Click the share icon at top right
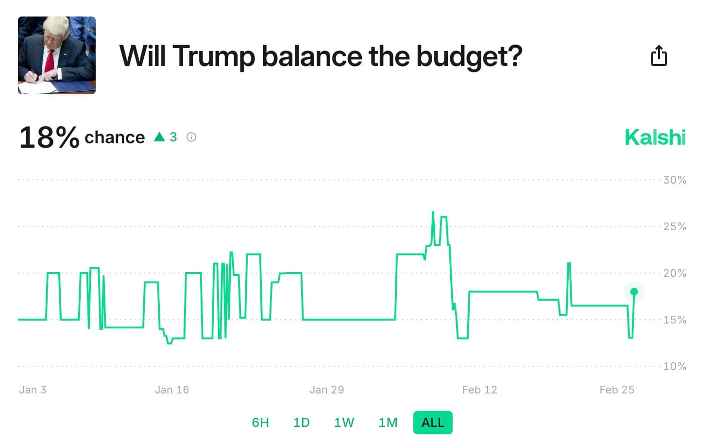[x=659, y=56]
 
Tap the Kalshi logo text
[x=655, y=137]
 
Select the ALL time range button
[x=433, y=423]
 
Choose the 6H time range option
[x=260, y=423]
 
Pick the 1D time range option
[x=301, y=423]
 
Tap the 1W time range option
[x=344, y=423]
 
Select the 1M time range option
[x=388, y=423]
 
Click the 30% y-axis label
[x=675, y=180]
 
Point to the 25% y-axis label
[x=675, y=227]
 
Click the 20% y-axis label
[x=675, y=273]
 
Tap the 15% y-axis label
[x=675, y=320]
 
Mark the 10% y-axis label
[x=675, y=367]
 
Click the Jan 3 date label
[x=33, y=390]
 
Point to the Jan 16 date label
[x=171, y=390]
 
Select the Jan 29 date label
[x=326, y=390]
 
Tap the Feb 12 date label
[x=479, y=390]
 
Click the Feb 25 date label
[x=617, y=390]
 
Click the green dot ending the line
[x=634, y=292]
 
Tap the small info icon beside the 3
[x=191, y=137]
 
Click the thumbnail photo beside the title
[x=57, y=55]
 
